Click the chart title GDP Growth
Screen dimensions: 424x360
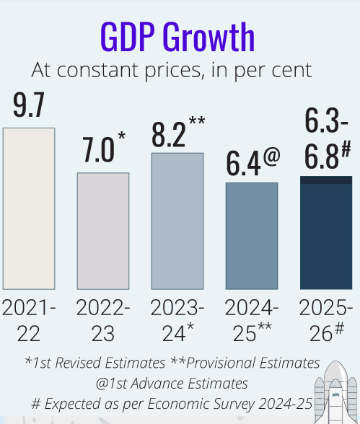pyautogui.click(x=177, y=37)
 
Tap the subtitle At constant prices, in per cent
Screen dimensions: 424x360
pyautogui.click(x=172, y=70)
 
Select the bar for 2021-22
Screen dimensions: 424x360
pyautogui.click(x=29, y=208)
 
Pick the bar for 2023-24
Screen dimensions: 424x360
pyautogui.click(x=177, y=221)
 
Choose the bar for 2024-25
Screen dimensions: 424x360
pyautogui.click(x=251, y=236)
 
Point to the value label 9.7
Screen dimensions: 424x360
pyautogui.click(x=29, y=106)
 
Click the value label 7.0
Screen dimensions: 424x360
pyautogui.click(x=98, y=150)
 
